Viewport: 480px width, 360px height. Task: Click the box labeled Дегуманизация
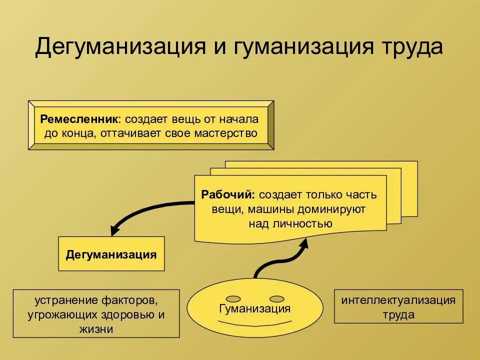111,254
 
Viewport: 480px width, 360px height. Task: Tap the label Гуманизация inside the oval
255,308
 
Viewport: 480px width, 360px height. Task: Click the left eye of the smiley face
232,294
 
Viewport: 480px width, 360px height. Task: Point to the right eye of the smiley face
276,294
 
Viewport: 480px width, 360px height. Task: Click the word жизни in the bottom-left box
95,329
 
